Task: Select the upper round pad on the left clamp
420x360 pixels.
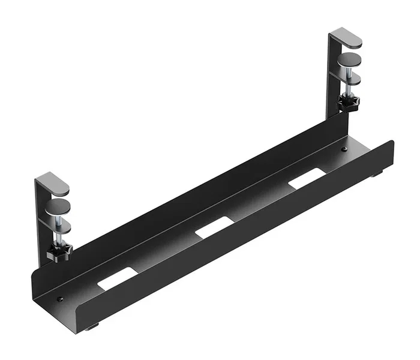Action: point(57,209)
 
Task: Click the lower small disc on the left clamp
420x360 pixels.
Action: point(59,227)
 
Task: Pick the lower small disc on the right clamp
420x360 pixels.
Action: point(351,79)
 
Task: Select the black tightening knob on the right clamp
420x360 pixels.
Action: point(348,103)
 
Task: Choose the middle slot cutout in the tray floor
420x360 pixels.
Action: point(214,227)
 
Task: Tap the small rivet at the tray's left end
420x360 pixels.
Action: point(60,298)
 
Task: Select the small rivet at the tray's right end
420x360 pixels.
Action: point(344,150)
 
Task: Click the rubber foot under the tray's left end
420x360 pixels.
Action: point(91,327)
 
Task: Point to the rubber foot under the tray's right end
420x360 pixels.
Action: point(377,175)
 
